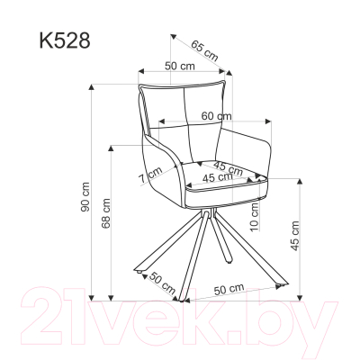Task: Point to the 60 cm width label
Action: tap(216, 115)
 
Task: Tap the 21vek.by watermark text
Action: tap(180, 319)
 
